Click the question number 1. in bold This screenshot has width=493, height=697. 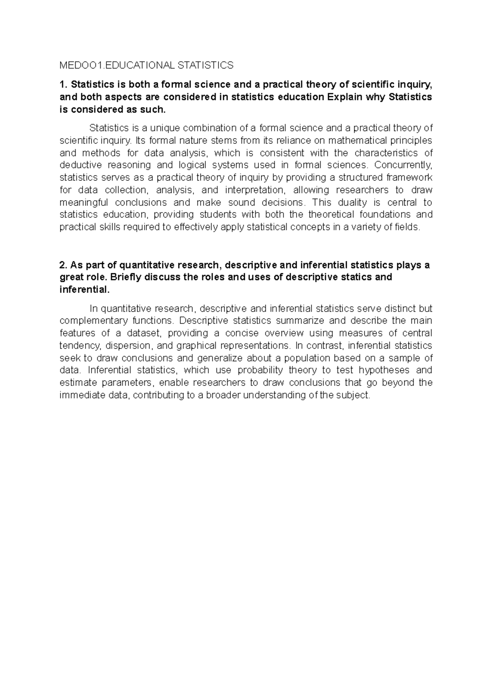click(x=63, y=85)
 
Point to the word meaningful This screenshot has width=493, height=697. click(x=84, y=202)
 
